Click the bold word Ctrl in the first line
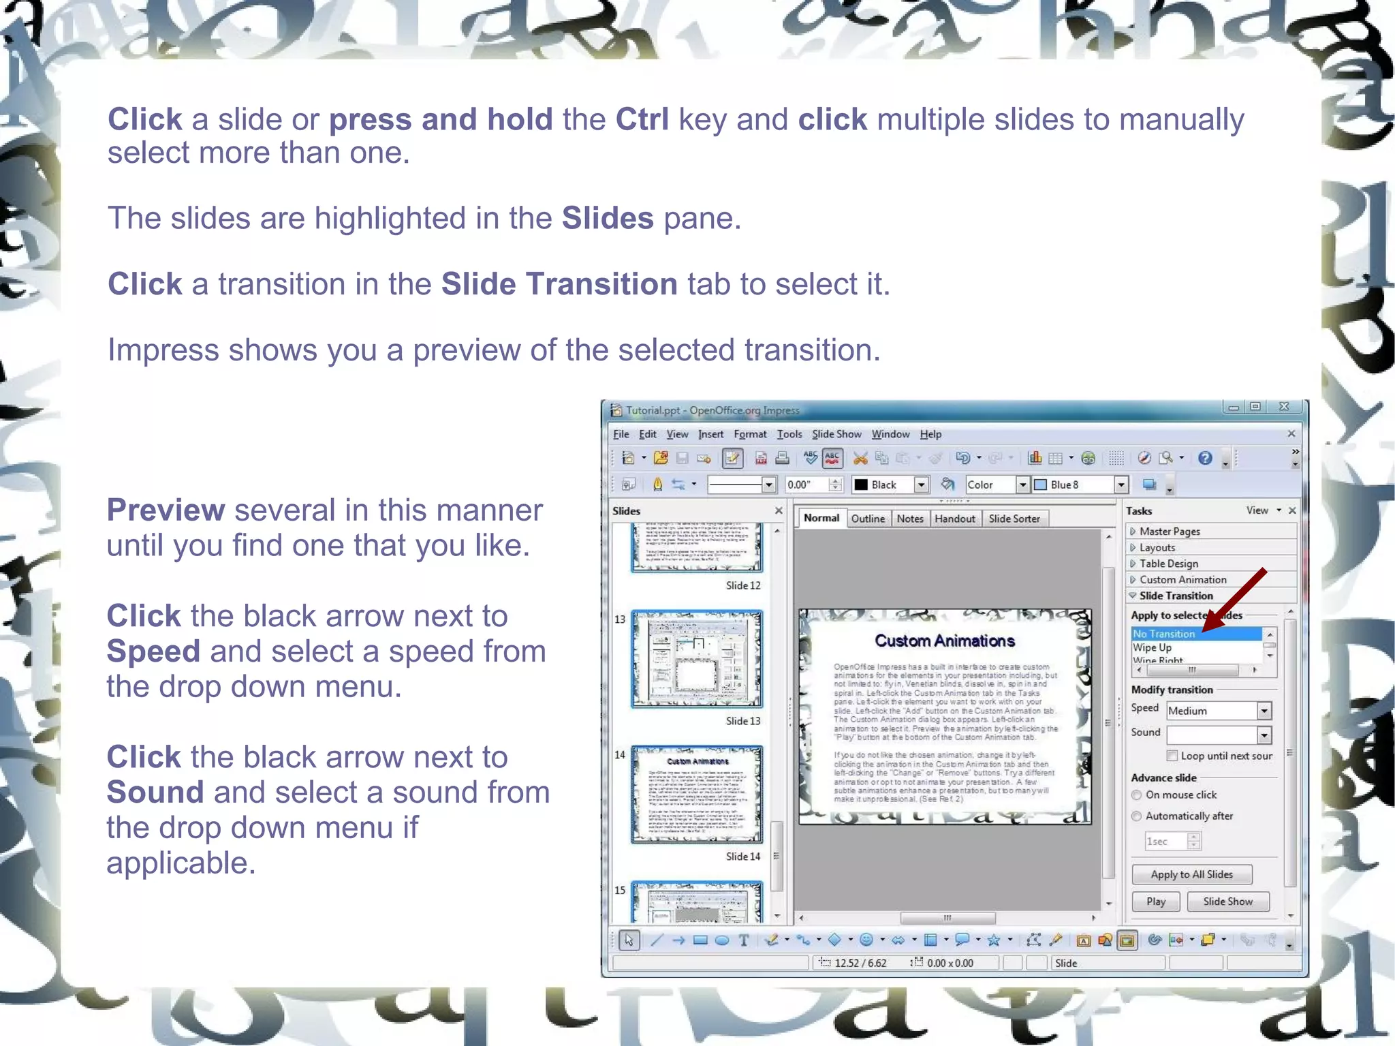tap(642, 120)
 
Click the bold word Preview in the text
tap(166, 510)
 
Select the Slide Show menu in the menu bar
tap(836, 434)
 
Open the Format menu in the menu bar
tap(749, 434)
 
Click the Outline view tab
tap(868, 519)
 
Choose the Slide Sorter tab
tap(1014, 519)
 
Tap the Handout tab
tap(954, 519)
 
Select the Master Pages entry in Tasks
tap(1169, 532)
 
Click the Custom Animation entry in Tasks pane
tap(1182, 580)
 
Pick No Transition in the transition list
tap(1163, 634)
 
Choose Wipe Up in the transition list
tap(1152, 647)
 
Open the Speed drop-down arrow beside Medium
tap(1264, 711)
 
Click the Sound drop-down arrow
tap(1264, 735)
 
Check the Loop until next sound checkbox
tap(1172, 755)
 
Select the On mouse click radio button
tap(1136, 795)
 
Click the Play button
tap(1155, 901)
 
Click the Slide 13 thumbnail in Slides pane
tap(696, 659)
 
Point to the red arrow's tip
tap(1204, 630)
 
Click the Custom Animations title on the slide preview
tap(944, 641)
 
